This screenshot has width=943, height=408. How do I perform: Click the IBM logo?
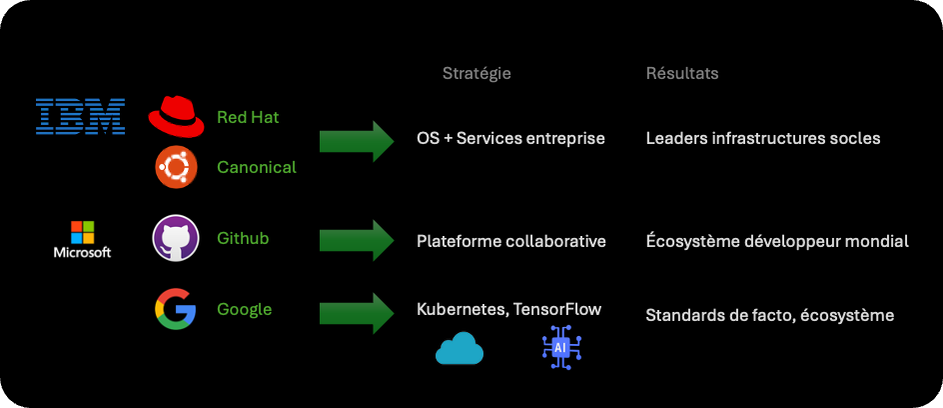click(x=80, y=117)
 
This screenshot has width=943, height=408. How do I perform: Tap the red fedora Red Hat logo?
click(x=176, y=116)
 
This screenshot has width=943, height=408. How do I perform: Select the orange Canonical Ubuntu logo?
click(x=176, y=166)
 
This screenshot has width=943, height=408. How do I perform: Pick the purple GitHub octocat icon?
click(x=176, y=238)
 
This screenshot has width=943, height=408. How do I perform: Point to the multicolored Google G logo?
click(x=176, y=309)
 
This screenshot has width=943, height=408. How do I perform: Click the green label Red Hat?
click(x=248, y=117)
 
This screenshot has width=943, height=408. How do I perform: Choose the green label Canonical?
click(x=257, y=167)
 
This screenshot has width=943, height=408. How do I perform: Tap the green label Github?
click(x=243, y=238)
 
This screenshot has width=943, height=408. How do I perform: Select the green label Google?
click(x=245, y=309)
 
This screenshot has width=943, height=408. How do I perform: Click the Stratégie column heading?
click(x=476, y=74)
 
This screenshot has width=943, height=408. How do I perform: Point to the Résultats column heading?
click(x=682, y=74)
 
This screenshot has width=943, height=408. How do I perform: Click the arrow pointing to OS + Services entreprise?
click(x=357, y=141)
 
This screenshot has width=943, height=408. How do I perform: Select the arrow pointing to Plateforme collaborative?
click(x=357, y=240)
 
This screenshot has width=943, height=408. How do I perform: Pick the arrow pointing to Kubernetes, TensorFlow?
click(x=357, y=313)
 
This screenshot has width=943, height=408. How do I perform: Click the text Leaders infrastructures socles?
click(x=763, y=138)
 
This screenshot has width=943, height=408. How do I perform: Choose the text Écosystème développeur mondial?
click(x=777, y=241)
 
